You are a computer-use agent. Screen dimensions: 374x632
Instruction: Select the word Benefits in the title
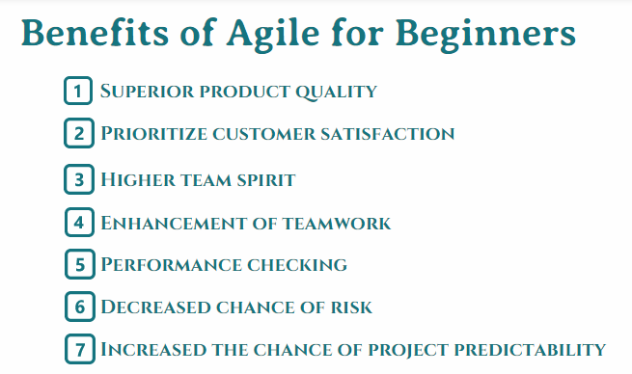91,34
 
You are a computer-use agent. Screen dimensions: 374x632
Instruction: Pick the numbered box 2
78,133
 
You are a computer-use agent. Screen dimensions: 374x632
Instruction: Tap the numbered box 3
78,179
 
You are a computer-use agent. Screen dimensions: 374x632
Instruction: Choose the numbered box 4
78,223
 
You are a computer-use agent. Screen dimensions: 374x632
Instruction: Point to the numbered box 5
78,264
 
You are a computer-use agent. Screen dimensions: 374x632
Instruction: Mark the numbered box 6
78,307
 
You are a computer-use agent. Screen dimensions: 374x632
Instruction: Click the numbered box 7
78,349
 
